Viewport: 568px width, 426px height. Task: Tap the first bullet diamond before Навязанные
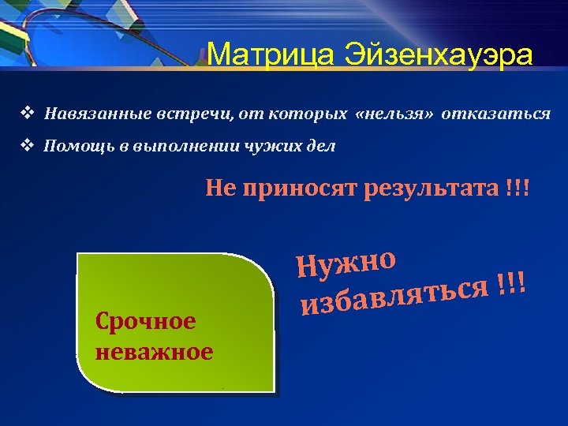click(x=26, y=113)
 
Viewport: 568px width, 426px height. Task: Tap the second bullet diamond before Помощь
click(x=26, y=145)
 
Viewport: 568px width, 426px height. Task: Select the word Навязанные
click(x=88, y=114)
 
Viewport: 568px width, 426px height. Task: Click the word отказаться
click(x=496, y=114)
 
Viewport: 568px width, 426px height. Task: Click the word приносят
click(x=298, y=189)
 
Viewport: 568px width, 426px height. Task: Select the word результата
click(x=430, y=189)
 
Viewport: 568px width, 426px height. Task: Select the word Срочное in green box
click(x=144, y=322)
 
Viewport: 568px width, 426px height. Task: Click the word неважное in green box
click(x=154, y=351)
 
